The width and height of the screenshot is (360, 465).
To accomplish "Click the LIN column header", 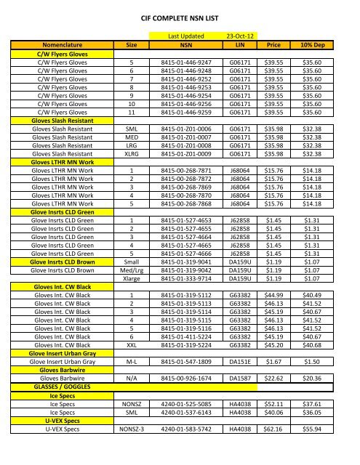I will (x=239, y=44).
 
